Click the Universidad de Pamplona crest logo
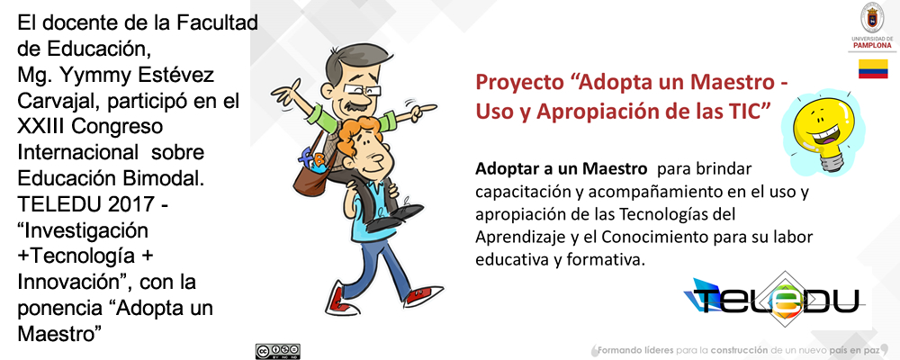pos(871,18)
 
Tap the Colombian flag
pos(872,68)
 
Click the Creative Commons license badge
pos(278,351)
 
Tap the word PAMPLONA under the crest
pos(872,44)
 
